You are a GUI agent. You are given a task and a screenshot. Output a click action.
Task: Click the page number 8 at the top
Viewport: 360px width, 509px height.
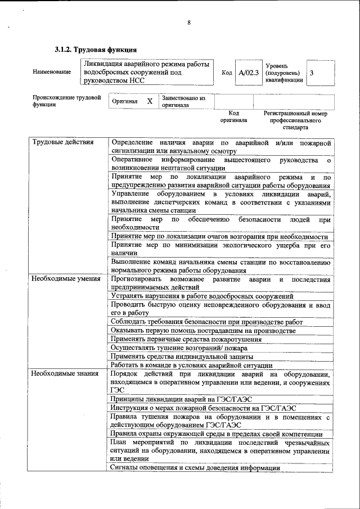coord(190,23)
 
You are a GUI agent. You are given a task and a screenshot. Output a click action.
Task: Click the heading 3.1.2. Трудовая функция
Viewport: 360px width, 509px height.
coord(95,50)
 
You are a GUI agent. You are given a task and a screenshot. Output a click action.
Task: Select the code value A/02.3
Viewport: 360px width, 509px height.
coord(248,73)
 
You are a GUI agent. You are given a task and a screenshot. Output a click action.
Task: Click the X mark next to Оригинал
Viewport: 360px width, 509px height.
coord(150,101)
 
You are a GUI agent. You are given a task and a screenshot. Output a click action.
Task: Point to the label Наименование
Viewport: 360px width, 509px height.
coord(52,72)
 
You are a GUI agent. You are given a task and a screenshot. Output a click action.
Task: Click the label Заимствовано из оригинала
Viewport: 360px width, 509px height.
coord(183,101)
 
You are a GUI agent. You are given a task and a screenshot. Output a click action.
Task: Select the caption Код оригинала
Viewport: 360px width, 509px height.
coord(233,116)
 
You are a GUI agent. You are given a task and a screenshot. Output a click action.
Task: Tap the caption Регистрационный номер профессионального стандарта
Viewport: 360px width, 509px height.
coord(295,120)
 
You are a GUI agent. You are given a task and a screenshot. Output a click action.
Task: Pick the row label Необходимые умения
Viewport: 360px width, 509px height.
coord(66,279)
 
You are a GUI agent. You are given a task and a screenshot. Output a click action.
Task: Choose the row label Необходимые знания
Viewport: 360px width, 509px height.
coord(65,373)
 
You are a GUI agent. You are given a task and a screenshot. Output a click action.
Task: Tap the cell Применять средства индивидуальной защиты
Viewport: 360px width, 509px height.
coord(182,357)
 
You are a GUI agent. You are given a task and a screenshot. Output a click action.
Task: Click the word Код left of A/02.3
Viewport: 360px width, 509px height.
coord(227,73)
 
